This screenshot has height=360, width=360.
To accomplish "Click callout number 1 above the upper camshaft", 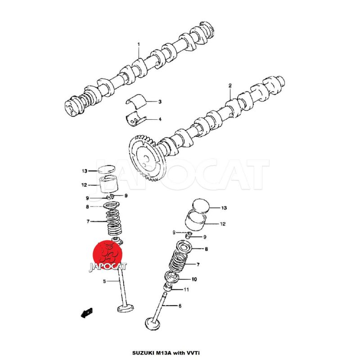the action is click(139, 44).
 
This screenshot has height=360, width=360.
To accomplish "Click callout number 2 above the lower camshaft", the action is click(230, 85).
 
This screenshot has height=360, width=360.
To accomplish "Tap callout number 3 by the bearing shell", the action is click(160, 102).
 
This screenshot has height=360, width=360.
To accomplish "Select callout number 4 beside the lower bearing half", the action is click(160, 119).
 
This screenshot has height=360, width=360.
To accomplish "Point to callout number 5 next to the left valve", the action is click(104, 281).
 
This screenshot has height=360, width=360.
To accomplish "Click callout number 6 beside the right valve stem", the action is click(180, 306).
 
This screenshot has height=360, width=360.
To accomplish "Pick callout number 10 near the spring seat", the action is click(194, 279).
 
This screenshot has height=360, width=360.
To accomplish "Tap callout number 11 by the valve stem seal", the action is click(186, 290).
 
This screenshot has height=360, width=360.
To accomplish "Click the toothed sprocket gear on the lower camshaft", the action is click(144, 158).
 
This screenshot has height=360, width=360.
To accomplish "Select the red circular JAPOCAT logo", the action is click(107, 255).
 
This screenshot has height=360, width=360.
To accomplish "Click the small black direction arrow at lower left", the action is click(86, 313).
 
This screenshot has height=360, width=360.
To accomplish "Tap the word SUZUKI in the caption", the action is click(142, 352).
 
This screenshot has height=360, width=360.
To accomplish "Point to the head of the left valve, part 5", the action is click(126, 308).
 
